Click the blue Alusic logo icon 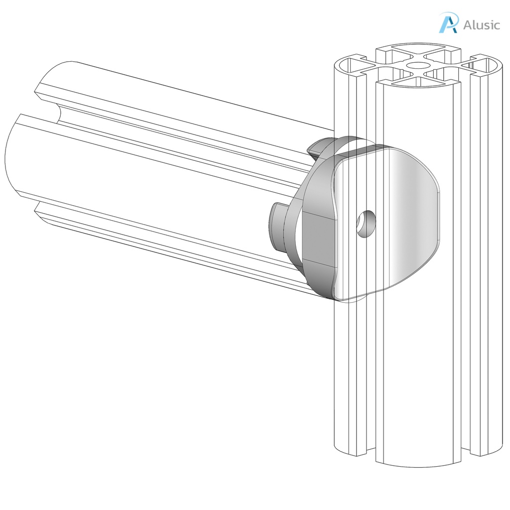coord(447,23)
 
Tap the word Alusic coord(481,25)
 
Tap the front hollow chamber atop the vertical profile coord(416,79)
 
